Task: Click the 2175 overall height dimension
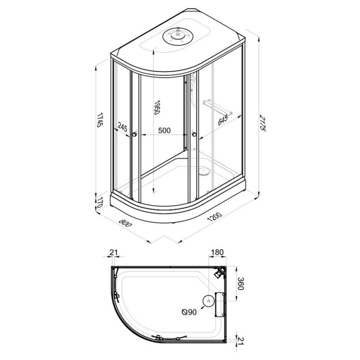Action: coord(263,123)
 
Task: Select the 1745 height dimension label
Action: coord(100,120)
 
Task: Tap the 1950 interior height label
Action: coord(157,107)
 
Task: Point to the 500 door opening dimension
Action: coord(164,130)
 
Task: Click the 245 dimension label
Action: coord(122,127)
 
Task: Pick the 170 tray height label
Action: coord(99,202)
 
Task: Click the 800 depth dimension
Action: coord(125,223)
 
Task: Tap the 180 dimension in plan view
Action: coord(217,252)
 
